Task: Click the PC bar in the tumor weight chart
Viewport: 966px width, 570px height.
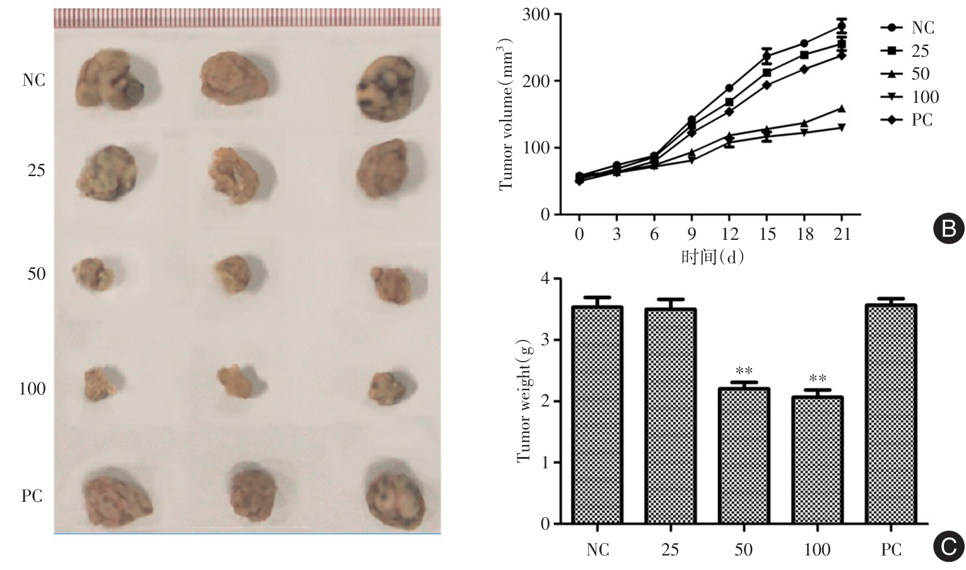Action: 891,414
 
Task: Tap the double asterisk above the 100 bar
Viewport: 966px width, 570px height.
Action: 817,379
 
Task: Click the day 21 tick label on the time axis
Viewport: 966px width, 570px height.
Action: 842,234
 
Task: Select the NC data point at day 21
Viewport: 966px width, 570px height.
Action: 841,26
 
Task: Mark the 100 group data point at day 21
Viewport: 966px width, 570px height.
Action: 841,128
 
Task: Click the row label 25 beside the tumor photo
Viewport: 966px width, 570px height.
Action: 36,170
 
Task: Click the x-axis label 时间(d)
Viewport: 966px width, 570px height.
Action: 712,257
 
